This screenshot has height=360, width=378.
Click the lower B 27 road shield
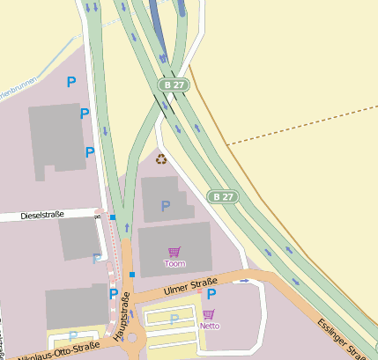223,195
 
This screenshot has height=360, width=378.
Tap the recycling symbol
161,158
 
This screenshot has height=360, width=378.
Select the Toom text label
175,263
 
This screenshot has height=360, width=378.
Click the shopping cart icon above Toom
174,253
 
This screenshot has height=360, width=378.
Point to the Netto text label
210,326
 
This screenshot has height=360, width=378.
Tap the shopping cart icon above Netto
209,314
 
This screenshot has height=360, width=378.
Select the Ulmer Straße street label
190,287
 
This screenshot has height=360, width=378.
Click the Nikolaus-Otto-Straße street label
48,351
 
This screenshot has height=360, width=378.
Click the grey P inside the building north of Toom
165,206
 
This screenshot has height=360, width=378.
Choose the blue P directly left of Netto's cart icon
211,294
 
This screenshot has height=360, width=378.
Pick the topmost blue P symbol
71,82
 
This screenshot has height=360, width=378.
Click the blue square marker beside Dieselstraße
113,217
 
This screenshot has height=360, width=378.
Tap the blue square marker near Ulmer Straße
132,275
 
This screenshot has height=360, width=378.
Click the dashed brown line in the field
300,133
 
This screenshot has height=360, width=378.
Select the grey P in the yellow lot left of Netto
174,319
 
